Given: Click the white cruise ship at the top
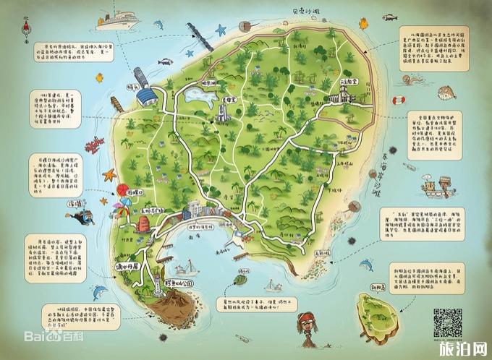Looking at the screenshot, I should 116,19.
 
